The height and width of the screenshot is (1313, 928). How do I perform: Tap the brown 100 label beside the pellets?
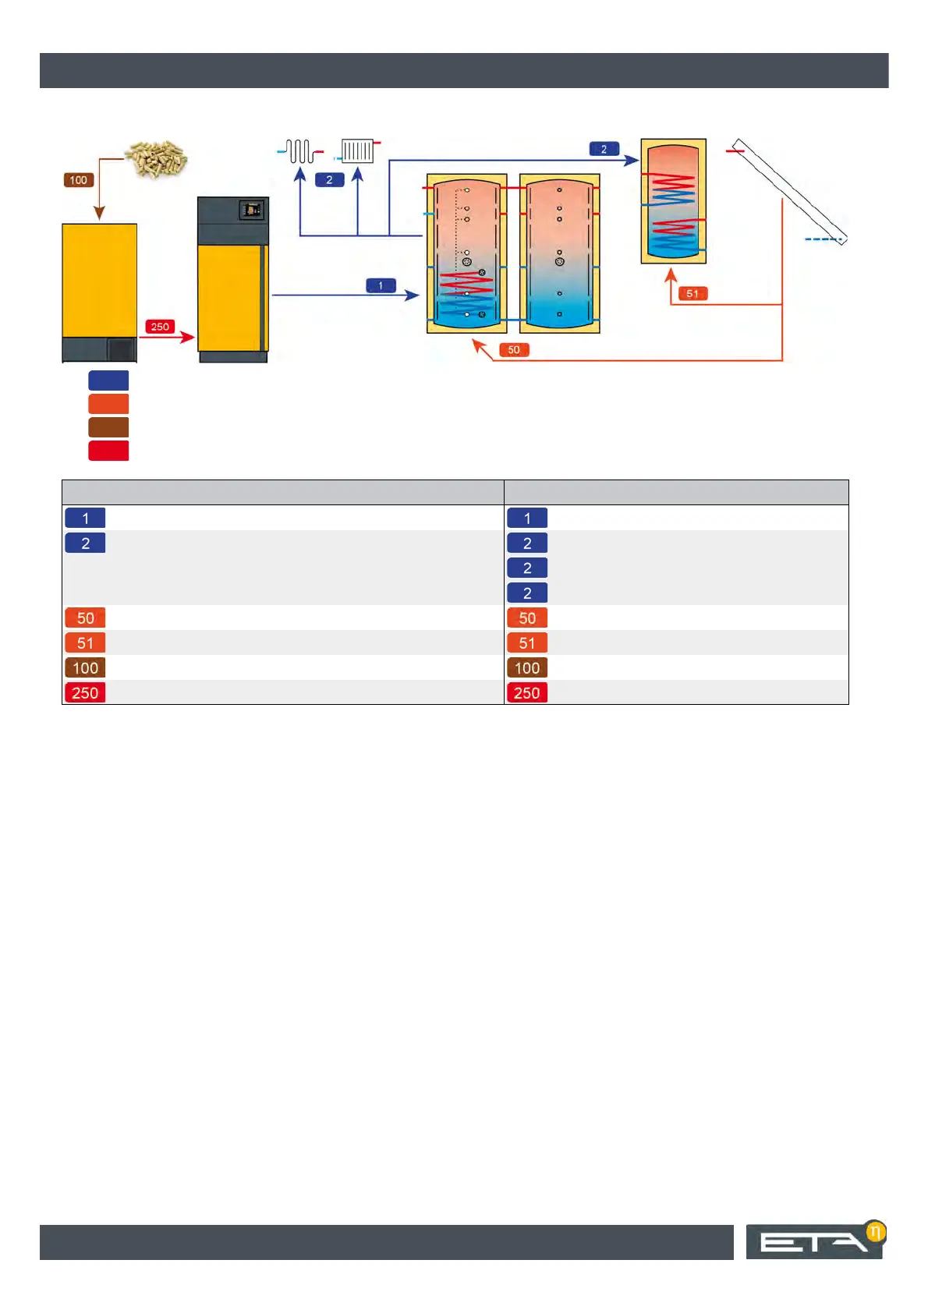click(x=79, y=180)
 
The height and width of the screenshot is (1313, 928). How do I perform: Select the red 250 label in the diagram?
click(x=160, y=327)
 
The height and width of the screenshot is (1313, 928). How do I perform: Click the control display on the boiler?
click(x=251, y=210)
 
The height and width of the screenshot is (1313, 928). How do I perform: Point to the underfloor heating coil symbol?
click(x=300, y=150)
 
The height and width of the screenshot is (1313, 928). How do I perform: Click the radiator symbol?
click(x=357, y=150)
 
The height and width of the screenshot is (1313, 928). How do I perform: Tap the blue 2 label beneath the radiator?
click(x=329, y=180)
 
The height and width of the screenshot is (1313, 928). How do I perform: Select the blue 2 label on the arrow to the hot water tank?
click(x=604, y=149)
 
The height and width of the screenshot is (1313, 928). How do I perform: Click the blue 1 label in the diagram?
click(x=381, y=285)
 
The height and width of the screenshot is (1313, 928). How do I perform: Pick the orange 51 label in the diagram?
click(x=692, y=293)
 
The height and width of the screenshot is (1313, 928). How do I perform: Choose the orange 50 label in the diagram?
click(x=514, y=350)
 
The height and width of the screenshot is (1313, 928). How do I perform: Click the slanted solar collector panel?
click(x=790, y=191)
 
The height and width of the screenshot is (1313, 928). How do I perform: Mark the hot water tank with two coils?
click(x=674, y=201)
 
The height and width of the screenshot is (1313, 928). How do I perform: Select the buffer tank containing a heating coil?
click(x=467, y=253)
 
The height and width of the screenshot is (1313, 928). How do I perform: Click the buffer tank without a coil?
click(x=559, y=253)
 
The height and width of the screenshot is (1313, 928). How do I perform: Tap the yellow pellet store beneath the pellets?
click(x=99, y=281)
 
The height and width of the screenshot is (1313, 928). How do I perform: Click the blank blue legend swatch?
click(x=108, y=380)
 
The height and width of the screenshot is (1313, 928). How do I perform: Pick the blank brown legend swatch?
click(x=108, y=427)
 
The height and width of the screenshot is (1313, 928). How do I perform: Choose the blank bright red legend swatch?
click(x=108, y=451)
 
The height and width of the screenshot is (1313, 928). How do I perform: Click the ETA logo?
click(x=815, y=1241)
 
